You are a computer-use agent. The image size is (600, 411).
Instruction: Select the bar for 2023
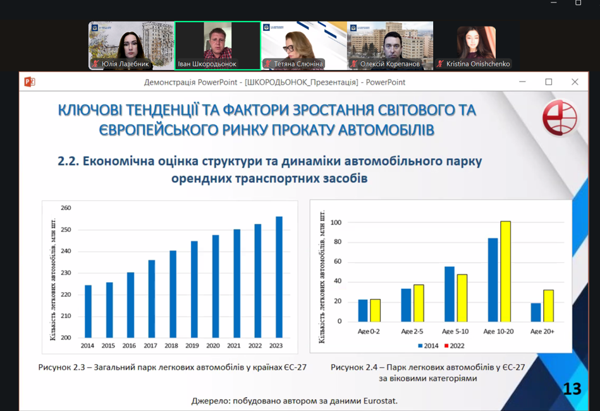(x=279, y=277)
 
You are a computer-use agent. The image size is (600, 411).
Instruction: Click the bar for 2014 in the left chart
(x=88, y=312)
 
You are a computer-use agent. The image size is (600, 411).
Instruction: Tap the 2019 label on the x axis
(x=192, y=346)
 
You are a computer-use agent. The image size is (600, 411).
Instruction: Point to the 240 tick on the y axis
(x=66, y=251)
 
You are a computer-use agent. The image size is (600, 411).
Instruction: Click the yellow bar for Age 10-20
(x=506, y=271)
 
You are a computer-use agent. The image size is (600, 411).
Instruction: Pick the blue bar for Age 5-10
(x=450, y=294)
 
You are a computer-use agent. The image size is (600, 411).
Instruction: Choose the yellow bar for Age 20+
(x=548, y=306)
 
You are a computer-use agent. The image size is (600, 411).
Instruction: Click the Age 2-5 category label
(x=412, y=331)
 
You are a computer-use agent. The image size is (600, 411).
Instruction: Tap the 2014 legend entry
(x=428, y=346)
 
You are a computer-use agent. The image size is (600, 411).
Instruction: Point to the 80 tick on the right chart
(x=338, y=242)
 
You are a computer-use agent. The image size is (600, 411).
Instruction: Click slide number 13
(x=572, y=389)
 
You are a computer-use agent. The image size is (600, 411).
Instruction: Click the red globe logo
(x=560, y=118)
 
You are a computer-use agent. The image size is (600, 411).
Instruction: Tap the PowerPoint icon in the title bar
(x=30, y=82)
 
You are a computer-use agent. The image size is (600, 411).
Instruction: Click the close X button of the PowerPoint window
(x=575, y=82)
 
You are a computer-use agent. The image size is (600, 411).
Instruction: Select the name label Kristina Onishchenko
(x=478, y=64)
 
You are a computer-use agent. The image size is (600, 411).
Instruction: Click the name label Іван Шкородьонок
(x=207, y=64)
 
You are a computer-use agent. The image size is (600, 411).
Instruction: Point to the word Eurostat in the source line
(x=381, y=401)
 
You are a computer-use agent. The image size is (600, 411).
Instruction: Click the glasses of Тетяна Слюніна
(x=288, y=49)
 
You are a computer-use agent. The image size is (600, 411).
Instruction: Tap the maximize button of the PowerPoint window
(x=549, y=82)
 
